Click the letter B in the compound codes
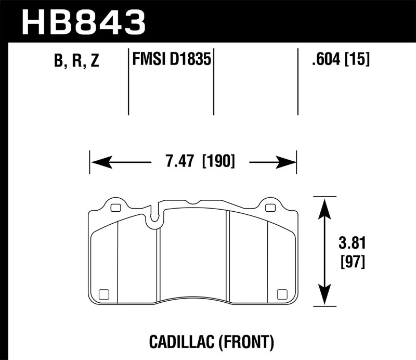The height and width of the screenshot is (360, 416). tap(58, 62)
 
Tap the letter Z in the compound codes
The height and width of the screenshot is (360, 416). tap(94, 62)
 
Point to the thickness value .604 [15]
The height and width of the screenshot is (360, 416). tap(340, 61)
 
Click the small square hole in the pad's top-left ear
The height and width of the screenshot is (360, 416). tap(115, 208)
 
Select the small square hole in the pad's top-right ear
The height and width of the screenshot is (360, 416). tap(270, 208)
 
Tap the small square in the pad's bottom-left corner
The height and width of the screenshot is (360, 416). tap(103, 293)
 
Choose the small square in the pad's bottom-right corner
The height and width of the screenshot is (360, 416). tap(283, 293)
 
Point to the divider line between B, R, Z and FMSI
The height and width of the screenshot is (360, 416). tap(128, 82)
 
